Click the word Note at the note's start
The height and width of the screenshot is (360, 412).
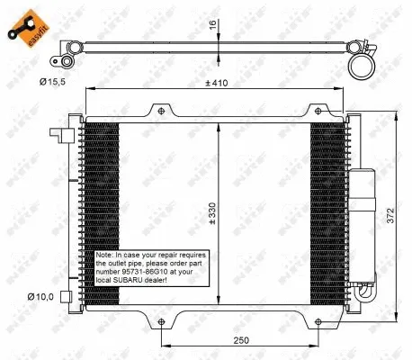104,255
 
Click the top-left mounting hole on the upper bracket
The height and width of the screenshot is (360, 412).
161,111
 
